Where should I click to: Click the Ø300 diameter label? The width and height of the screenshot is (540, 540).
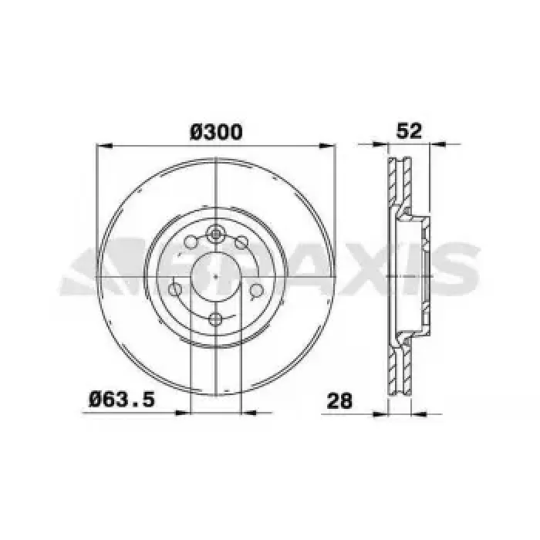click(x=216, y=132)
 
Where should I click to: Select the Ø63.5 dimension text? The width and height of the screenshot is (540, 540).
click(x=122, y=400)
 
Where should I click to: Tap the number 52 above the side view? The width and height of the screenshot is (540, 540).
click(x=409, y=131)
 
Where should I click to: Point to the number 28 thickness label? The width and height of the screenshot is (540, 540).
click(x=339, y=400)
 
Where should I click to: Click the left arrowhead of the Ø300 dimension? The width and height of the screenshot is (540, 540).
click(x=104, y=146)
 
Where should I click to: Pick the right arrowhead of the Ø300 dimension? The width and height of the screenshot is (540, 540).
click(x=327, y=146)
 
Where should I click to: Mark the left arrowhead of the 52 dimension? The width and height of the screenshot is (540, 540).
click(x=380, y=143)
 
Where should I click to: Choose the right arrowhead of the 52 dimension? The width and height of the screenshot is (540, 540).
click(x=437, y=143)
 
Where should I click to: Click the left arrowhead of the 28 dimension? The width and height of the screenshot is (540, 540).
click(x=380, y=413)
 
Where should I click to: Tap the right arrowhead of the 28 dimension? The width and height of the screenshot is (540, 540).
click(x=419, y=413)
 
